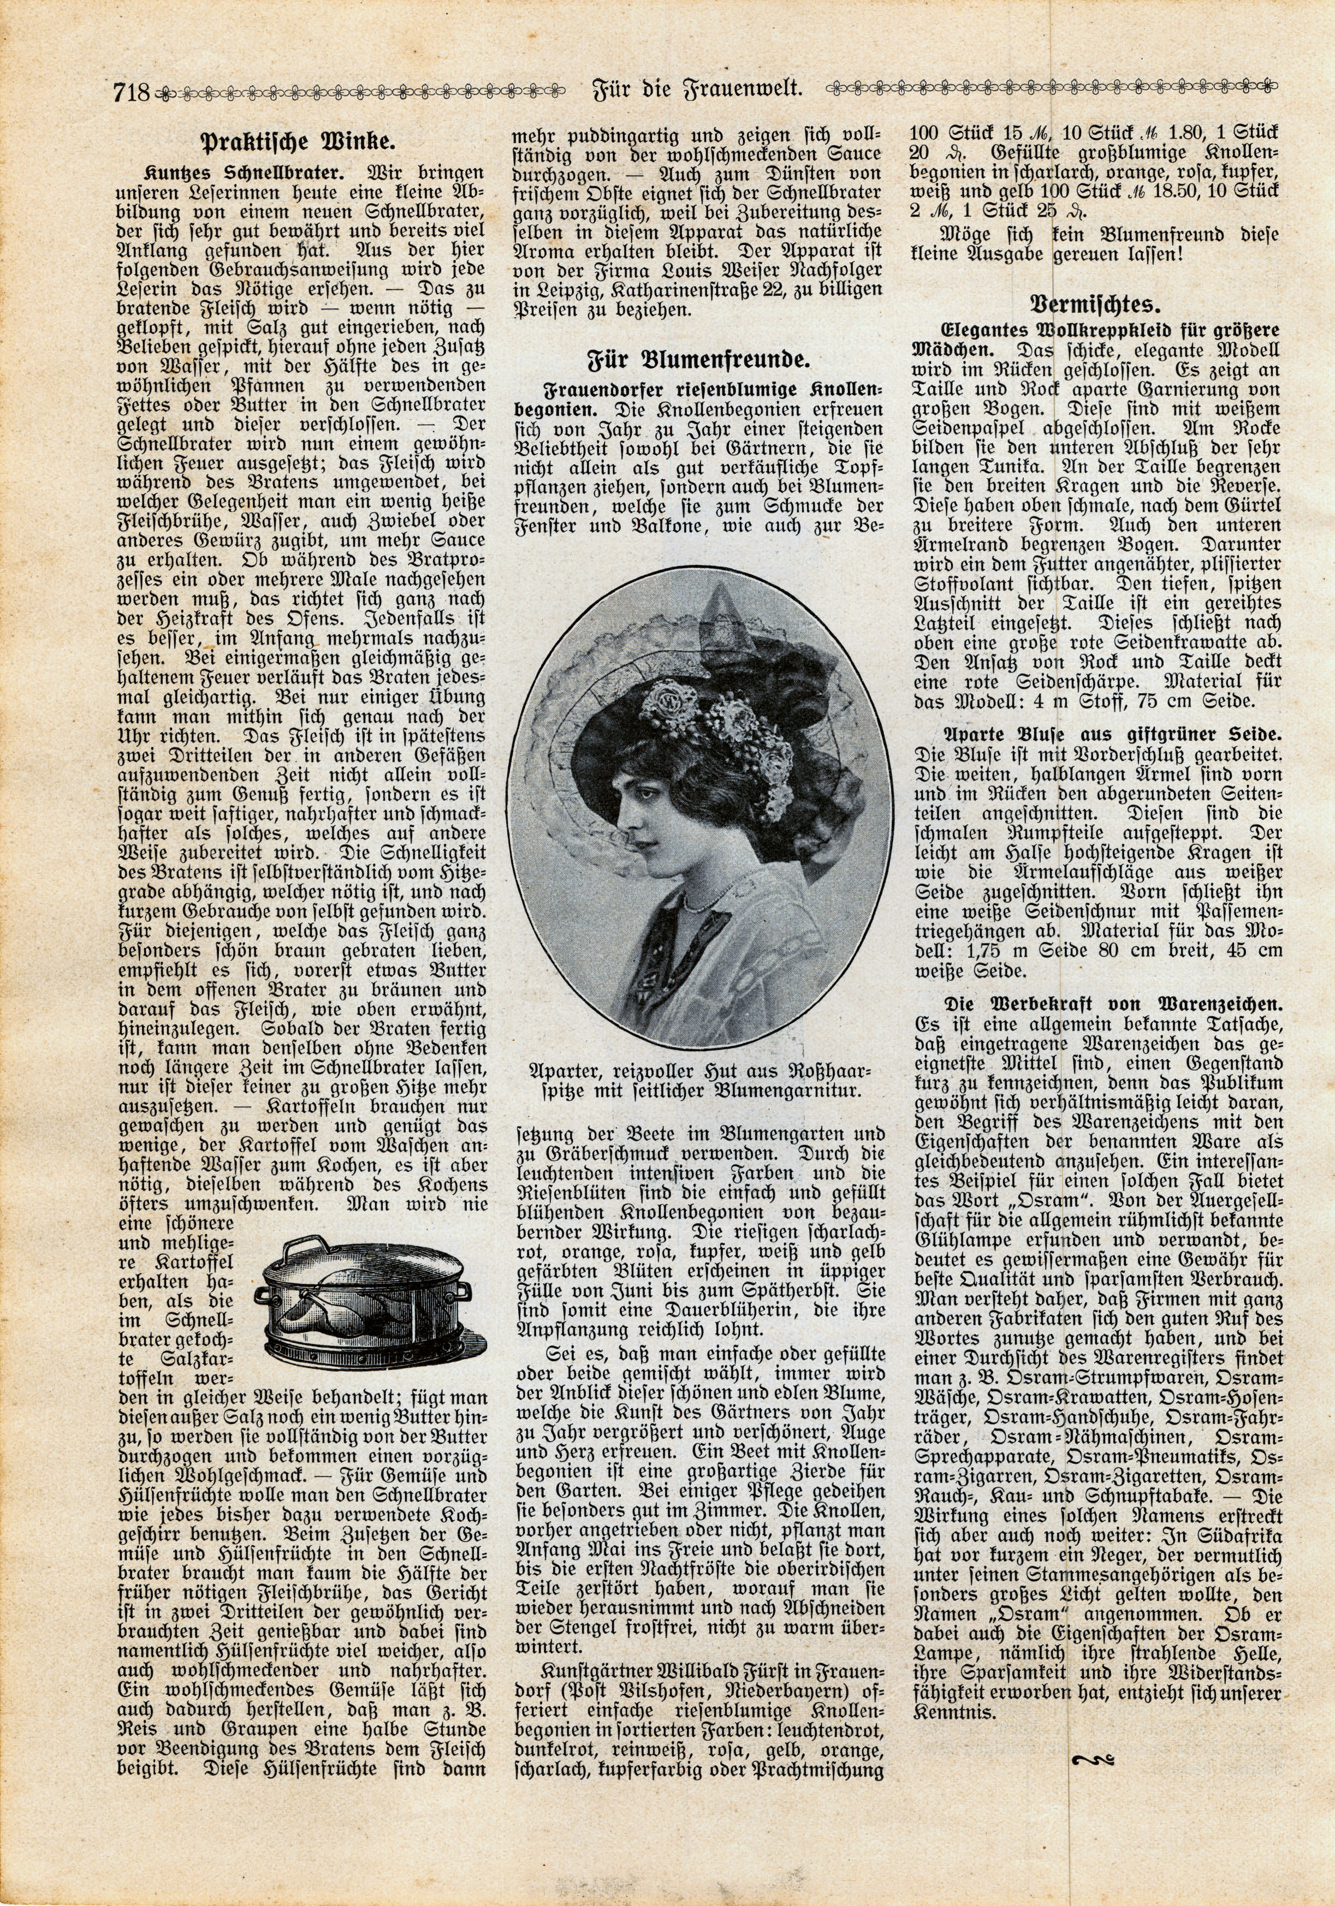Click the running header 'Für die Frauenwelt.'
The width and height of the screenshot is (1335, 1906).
(697, 88)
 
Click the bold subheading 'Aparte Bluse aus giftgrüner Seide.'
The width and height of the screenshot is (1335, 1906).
(1113, 734)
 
